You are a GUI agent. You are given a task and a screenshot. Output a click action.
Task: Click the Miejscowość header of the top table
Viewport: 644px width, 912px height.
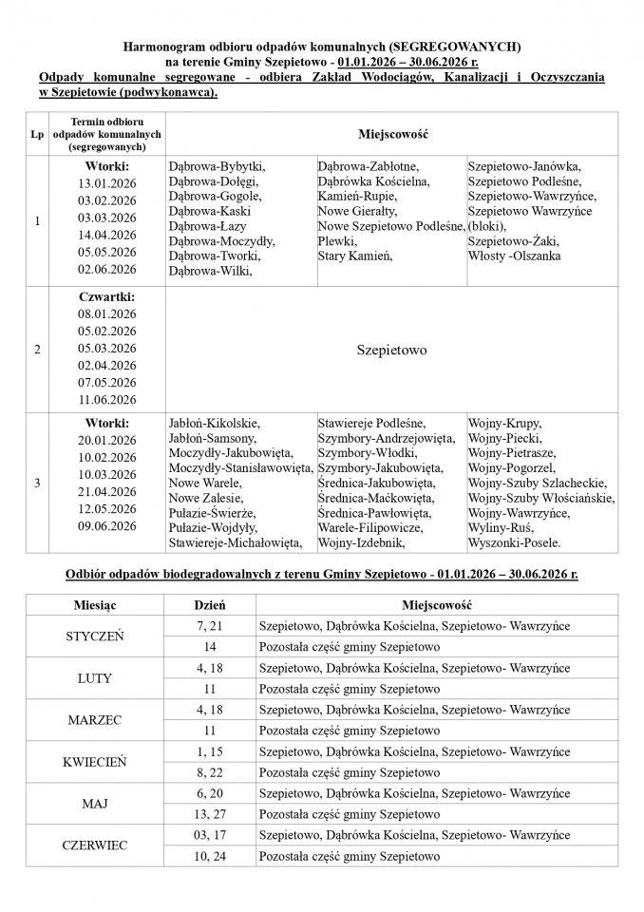pyautogui.click(x=392, y=135)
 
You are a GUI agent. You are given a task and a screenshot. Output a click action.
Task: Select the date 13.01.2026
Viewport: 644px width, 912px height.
pyautogui.click(x=107, y=183)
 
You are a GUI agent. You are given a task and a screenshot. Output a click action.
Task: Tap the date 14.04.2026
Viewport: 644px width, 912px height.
pyautogui.click(x=107, y=235)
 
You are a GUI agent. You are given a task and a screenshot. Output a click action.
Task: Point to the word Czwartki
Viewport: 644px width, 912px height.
pyautogui.click(x=107, y=297)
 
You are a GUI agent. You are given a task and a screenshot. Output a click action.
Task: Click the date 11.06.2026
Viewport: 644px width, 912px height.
pyautogui.click(x=107, y=400)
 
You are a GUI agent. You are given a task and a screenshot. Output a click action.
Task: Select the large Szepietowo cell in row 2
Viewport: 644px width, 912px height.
pyautogui.click(x=392, y=350)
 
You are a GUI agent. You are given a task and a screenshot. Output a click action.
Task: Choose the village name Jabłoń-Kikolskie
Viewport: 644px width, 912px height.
pyautogui.click(x=213, y=423)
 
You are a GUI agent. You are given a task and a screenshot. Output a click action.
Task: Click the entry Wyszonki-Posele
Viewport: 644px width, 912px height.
pyautogui.click(x=515, y=542)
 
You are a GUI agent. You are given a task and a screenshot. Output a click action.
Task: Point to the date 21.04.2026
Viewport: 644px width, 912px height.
pyautogui.click(x=107, y=491)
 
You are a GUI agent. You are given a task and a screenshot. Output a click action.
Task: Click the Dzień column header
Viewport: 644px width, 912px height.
pyautogui.click(x=209, y=604)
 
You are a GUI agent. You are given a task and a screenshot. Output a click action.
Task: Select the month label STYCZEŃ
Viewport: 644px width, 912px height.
pyautogui.click(x=94, y=636)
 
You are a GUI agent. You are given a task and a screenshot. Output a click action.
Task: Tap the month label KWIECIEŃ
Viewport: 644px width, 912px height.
pyautogui.click(x=94, y=762)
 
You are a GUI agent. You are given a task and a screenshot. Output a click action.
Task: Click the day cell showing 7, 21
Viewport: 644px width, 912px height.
pyautogui.click(x=209, y=626)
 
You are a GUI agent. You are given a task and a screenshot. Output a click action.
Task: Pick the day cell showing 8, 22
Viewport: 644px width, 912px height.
pyautogui.click(x=209, y=772)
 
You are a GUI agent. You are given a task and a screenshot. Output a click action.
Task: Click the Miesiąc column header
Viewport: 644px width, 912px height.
pyautogui.click(x=94, y=604)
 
